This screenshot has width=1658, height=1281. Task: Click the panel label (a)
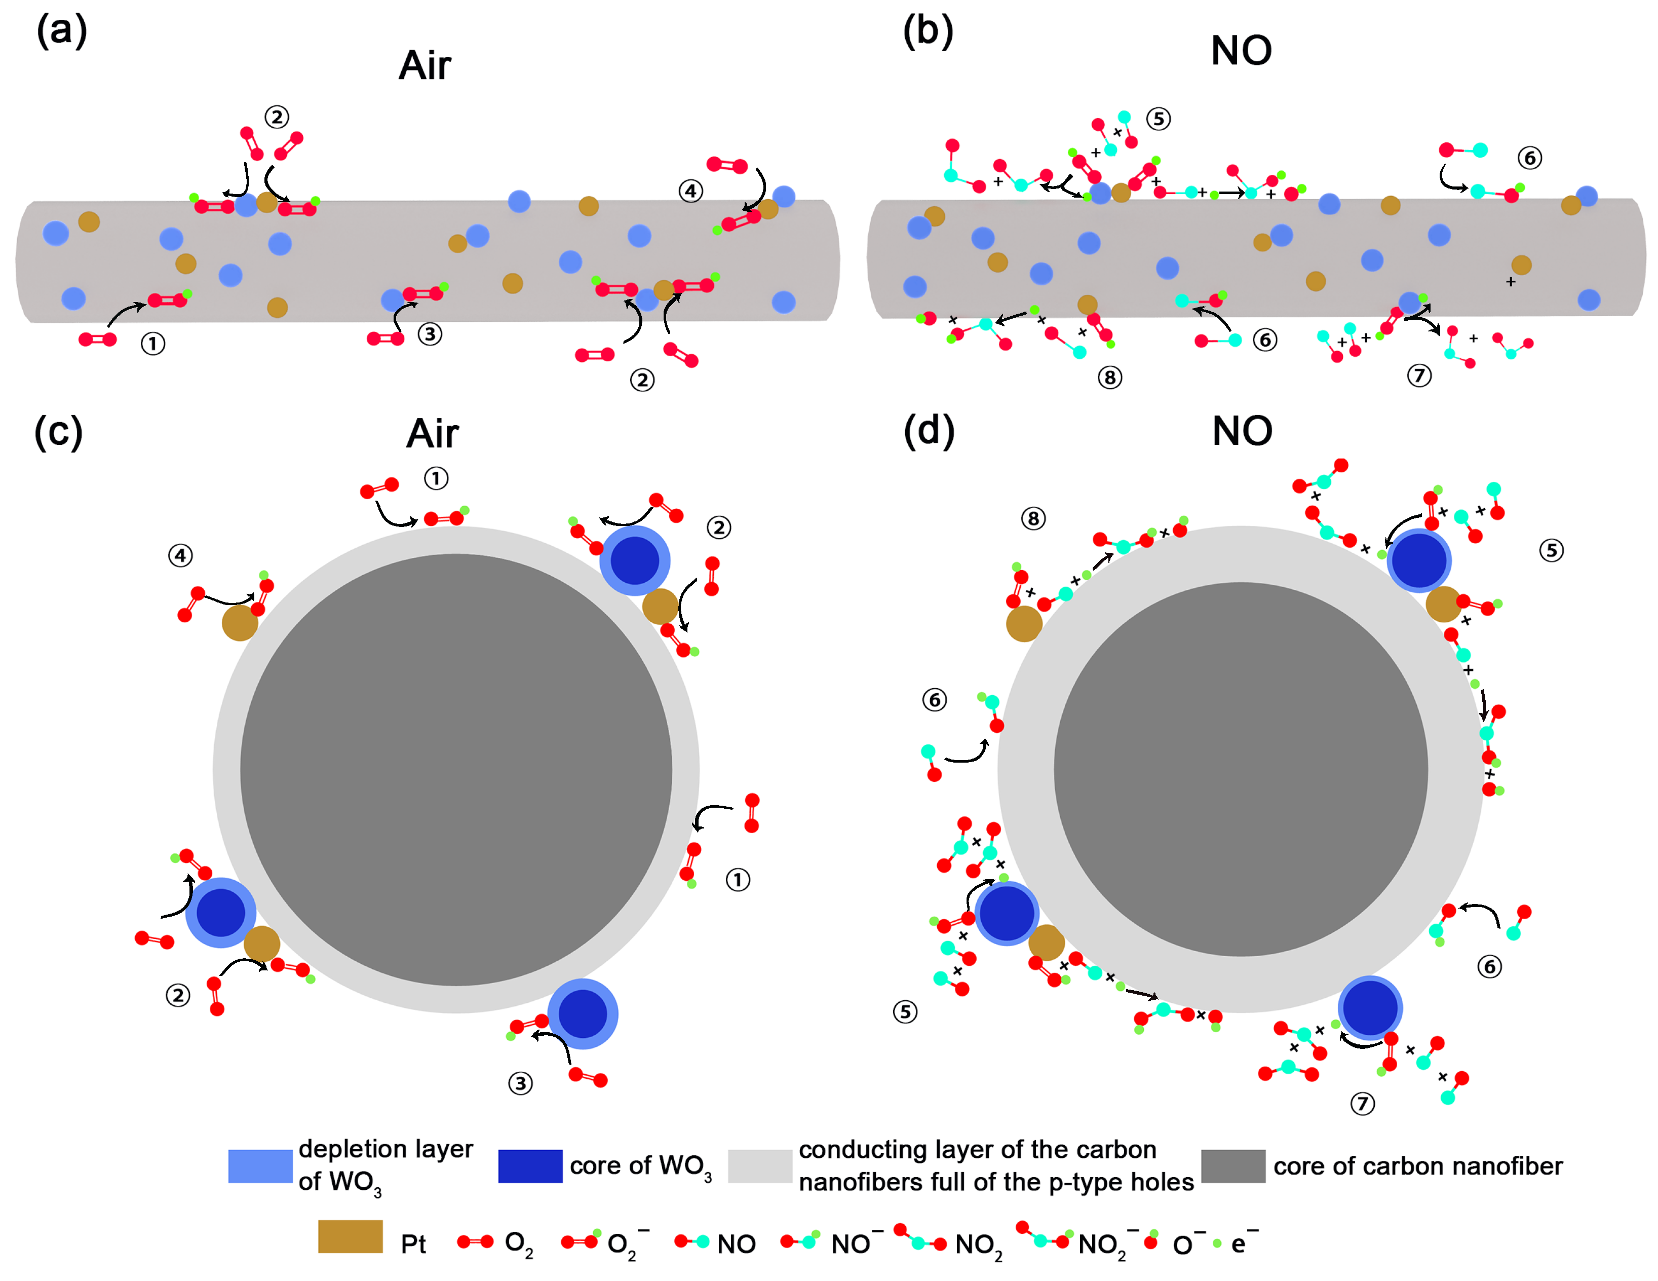[62, 32]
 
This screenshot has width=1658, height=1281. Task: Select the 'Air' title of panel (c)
[432, 434]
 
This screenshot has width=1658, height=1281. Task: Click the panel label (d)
[929, 431]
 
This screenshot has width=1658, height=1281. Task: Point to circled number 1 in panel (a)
[152, 344]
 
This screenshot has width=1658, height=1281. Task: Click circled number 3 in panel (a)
[430, 333]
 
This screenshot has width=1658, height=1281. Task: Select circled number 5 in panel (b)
[1158, 119]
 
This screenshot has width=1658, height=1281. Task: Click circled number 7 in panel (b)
[1419, 375]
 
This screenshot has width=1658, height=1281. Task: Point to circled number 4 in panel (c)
[180, 556]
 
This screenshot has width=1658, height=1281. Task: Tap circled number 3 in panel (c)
[520, 1083]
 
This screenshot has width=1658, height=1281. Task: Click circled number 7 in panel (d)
[1362, 1103]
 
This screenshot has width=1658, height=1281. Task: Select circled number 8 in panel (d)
[1032, 518]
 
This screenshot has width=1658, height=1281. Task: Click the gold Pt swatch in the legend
[350, 1236]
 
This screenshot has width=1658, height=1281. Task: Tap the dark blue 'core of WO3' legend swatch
[530, 1165]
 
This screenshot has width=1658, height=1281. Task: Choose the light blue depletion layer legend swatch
[260, 1165]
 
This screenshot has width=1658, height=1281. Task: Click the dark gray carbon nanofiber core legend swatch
[1233, 1165]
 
